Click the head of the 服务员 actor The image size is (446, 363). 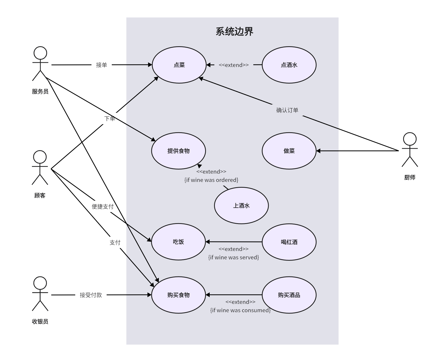[40, 53]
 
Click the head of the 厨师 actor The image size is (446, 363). [410, 139]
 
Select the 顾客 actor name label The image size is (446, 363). [40, 196]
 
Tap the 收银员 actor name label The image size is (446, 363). [40, 322]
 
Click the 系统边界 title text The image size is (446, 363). [234, 32]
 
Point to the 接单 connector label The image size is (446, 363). [101, 65]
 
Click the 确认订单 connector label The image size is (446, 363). [287, 110]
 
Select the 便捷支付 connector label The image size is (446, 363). [103, 207]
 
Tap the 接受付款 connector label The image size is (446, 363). [91, 295]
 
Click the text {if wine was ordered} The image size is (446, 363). [211, 180]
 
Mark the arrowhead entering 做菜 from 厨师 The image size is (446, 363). [318, 151]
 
